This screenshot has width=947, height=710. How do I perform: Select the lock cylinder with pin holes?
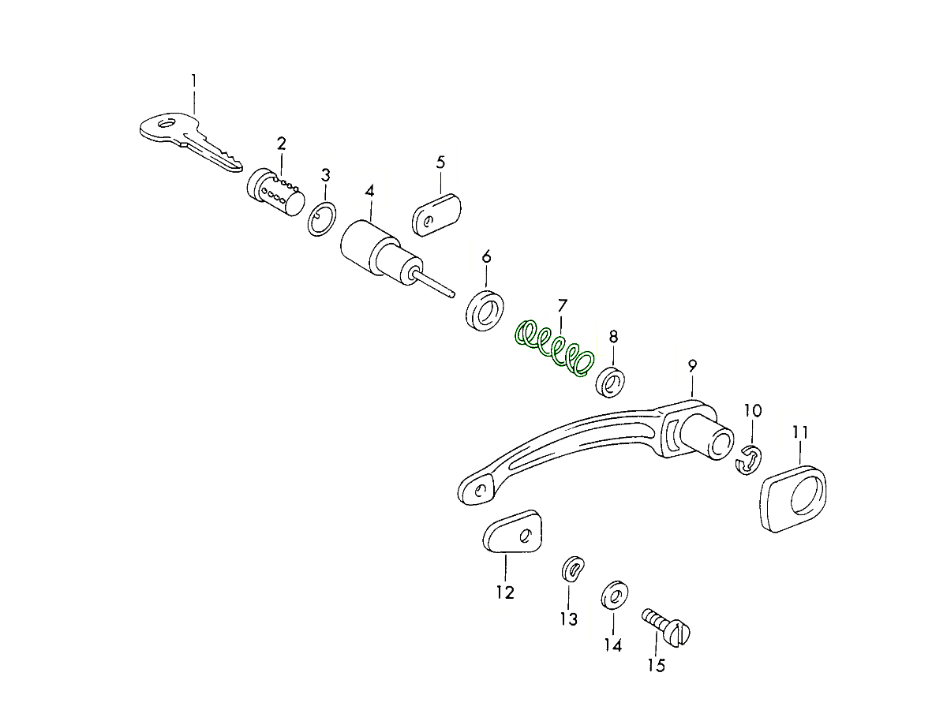click(276, 192)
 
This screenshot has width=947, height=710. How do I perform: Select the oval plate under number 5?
click(436, 215)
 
